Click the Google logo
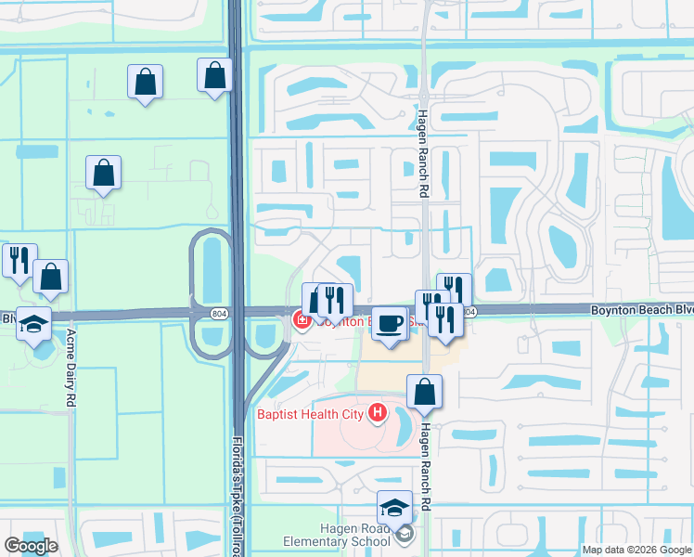(31, 546)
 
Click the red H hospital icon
(378, 412)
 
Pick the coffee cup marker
(390, 324)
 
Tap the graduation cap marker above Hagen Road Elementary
(394, 508)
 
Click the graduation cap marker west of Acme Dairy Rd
(34, 323)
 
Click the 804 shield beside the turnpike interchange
(216, 314)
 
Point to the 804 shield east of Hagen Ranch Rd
(470, 313)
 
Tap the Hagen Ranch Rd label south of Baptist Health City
(426, 463)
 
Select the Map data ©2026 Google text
(636, 550)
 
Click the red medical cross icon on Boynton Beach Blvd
(301, 321)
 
